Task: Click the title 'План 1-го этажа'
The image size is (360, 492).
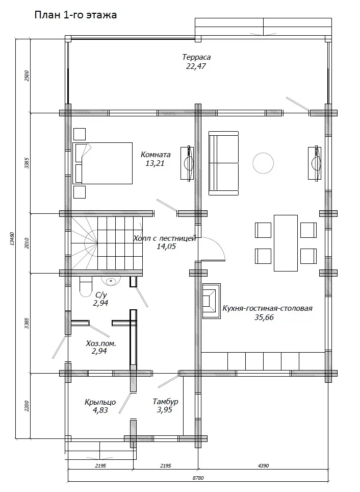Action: click(x=75, y=15)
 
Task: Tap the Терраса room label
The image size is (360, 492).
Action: click(x=196, y=57)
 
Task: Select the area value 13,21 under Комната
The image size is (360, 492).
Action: click(x=155, y=163)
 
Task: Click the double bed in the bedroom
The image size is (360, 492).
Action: click(x=102, y=163)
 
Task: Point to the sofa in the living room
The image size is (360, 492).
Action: click(x=223, y=163)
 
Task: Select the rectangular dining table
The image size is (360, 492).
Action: click(x=286, y=243)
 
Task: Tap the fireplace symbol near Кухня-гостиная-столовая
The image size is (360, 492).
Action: click(x=211, y=301)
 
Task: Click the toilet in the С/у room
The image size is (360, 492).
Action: click(x=86, y=286)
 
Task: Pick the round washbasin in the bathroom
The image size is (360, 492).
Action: click(x=111, y=281)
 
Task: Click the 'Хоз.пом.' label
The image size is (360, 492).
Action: click(x=101, y=343)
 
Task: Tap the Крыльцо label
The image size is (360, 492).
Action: click(x=100, y=402)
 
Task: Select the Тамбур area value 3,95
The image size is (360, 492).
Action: click(x=165, y=410)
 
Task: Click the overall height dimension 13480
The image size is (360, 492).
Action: click(x=12, y=238)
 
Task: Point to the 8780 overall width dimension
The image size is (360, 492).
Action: click(x=198, y=478)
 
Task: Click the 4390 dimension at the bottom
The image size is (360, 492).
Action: click(x=264, y=465)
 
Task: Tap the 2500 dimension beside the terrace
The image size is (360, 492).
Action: click(x=27, y=76)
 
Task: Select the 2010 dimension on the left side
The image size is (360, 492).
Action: click(x=27, y=243)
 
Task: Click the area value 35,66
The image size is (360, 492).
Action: click(x=264, y=317)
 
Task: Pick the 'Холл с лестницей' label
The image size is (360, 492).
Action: click(x=165, y=238)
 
